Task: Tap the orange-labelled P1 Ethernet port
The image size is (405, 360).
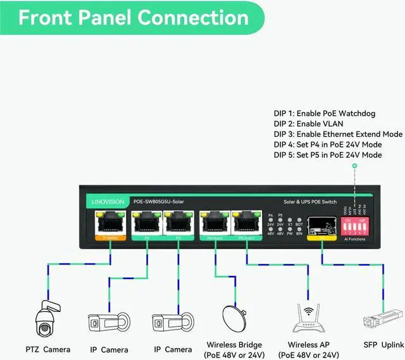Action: point(110,223)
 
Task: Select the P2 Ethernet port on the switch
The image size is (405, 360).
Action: point(147,223)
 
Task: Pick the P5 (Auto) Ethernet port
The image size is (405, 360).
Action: point(247,223)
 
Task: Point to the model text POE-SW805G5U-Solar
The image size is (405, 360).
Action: point(159,201)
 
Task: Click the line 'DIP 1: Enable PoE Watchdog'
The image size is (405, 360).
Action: point(325,114)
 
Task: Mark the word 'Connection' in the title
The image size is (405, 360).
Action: point(193,17)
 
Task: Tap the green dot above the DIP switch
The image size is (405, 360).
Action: point(355,166)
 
